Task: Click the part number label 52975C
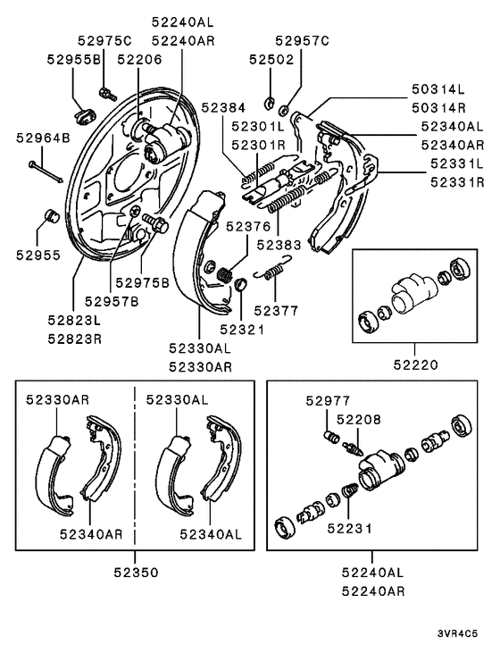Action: coord(104,41)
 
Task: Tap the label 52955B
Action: coord(74,60)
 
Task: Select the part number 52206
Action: coord(139,60)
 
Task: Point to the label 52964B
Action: coord(43,138)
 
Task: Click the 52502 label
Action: coord(271,60)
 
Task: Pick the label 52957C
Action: coord(303,41)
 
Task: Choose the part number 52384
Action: coord(223,107)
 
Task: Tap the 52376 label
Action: coord(248,227)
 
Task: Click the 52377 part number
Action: coord(276,311)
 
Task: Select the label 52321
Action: coord(242,330)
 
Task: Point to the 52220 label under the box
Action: coord(415,364)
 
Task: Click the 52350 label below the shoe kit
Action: coord(136,573)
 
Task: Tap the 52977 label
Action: coord(328,400)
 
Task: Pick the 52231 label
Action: coord(349,529)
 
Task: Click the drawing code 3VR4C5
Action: coord(457,634)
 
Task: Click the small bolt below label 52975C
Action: coord(107,93)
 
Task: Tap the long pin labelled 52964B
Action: coord(46,172)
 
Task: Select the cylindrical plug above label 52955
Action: coord(52,215)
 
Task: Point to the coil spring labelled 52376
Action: coord(225,275)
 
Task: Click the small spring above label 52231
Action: coord(350,490)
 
